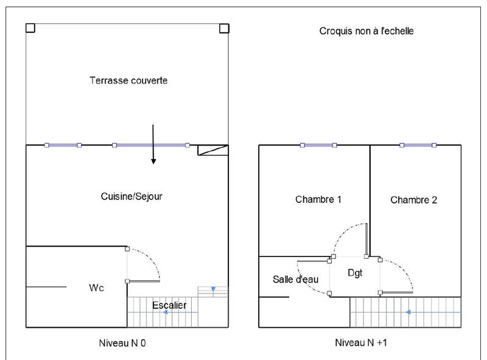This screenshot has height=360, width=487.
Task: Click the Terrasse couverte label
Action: [x=128, y=80]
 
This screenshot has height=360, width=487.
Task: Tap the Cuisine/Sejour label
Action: [x=132, y=197]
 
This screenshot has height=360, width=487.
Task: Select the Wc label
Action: [x=97, y=288]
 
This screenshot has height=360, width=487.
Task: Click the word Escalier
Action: [x=169, y=305]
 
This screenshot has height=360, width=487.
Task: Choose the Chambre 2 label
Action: [x=414, y=200]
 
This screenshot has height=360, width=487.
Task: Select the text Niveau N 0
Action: [x=122, y=343]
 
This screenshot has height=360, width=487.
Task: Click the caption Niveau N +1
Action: [x=362, y=343]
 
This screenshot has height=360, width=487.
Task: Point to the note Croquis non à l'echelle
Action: [x=366, y=30]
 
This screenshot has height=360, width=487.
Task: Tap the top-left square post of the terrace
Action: [x=30, y=28]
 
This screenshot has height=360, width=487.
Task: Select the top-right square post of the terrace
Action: [x=223, y=28]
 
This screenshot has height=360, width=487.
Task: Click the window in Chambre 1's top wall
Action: [x=318, y=145]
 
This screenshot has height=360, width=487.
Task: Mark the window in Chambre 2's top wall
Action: [x=418, y=145]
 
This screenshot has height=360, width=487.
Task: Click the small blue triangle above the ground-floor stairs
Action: [x=212, y=289]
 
